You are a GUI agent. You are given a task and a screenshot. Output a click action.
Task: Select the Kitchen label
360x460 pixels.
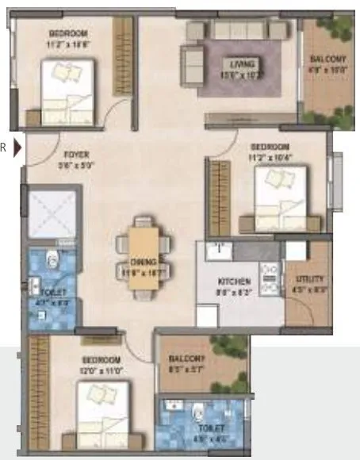click(x=235, y=282)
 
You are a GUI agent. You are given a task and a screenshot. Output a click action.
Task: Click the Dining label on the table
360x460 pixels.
click(x=143, y=261)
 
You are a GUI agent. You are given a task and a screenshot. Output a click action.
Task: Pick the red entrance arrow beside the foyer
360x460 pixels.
click(x=17, y=148)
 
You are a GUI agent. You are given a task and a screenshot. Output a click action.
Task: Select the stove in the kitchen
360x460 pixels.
click(x=269, y=278)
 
